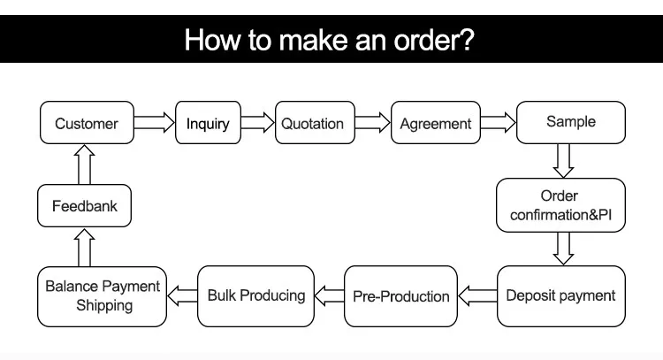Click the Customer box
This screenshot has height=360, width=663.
pos(87,123)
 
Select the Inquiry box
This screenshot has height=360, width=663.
pos(208,123)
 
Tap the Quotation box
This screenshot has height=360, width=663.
pos(315,123)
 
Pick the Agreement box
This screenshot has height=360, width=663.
pos(436,123)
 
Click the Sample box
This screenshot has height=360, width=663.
pos(571,122)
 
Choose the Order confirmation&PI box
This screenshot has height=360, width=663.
pos(560,205)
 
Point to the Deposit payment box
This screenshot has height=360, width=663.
pos(561,296)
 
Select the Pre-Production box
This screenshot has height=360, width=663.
pos(400,296)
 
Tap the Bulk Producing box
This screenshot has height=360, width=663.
pos(255,296)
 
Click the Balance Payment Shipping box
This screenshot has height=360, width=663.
pos(102,296)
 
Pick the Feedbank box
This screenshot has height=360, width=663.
pos(84,205)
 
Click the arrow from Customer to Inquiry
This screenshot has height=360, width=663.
pos(155,123)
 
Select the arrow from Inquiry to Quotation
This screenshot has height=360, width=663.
pos(258,123)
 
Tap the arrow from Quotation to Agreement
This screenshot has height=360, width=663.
pos(372,123)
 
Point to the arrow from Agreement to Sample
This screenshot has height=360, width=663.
pos(498,123)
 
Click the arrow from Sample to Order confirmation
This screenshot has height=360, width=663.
pos(563,161)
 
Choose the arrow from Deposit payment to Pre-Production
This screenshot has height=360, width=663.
pos(477,295)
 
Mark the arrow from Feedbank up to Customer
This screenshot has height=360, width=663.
pos(84,165)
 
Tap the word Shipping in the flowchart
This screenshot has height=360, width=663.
pos(104,305)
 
